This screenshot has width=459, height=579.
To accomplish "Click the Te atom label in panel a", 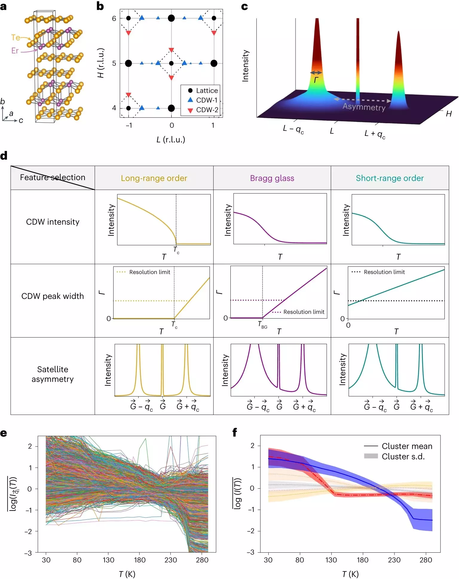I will [16, 37].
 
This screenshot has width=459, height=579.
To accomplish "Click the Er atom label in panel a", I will [15, 51].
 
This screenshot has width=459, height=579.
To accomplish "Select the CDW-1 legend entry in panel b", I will [206, 100].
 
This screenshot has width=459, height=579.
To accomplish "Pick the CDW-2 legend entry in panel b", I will [207, 110].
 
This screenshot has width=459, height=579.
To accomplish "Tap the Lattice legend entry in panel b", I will [207, 90].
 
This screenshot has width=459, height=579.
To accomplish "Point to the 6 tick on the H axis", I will [114, 19].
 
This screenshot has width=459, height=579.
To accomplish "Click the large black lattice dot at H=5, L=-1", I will [128, 63].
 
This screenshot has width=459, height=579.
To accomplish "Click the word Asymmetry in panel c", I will [364, 107].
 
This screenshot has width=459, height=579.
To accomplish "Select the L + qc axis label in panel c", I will [375, 134].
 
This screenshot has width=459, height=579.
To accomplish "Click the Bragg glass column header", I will [272, 178].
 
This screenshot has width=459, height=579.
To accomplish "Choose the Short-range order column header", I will [389, 178].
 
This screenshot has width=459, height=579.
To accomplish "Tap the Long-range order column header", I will [154, 178].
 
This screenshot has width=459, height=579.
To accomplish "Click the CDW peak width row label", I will [53, 296].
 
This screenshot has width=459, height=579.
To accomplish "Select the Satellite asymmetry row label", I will [53, 374].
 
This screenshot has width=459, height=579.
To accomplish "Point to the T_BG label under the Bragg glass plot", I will [262, 325].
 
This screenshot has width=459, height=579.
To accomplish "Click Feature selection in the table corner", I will [53, 177].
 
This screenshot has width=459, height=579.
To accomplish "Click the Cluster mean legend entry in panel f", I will [407, 446].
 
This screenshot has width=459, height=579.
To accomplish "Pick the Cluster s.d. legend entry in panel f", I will [403, 456].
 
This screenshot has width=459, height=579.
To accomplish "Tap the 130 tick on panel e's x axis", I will [108, 560].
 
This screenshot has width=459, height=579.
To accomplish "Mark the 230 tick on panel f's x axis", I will [394, 560].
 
